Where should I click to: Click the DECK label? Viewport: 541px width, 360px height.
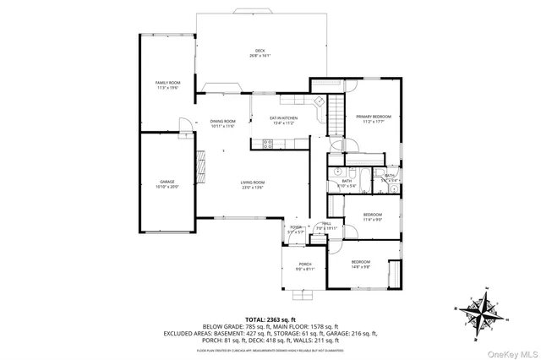[260, 52]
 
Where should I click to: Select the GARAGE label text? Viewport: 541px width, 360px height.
[167, 183]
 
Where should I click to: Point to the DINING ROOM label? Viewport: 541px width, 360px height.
[222, 123]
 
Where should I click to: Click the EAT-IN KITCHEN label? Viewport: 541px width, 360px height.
[282, 120]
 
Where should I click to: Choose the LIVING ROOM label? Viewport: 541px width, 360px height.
[253, 184]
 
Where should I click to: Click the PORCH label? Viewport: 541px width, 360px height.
[304, 266]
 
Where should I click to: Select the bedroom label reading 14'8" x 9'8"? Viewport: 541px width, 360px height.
[361, 265]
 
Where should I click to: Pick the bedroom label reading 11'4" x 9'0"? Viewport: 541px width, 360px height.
[373, 217]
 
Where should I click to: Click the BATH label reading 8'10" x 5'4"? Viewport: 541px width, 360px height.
[347, 183]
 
